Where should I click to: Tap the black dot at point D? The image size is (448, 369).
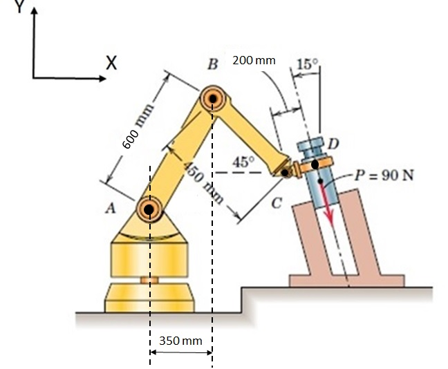point(315,164)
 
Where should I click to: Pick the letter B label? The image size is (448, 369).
point(214,65)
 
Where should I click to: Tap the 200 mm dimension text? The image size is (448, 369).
point(254,60)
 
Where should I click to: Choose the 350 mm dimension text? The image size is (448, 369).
point(180,341)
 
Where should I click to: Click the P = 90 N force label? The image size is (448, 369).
point(383,173)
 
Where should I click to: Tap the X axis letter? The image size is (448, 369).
point(111,62)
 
